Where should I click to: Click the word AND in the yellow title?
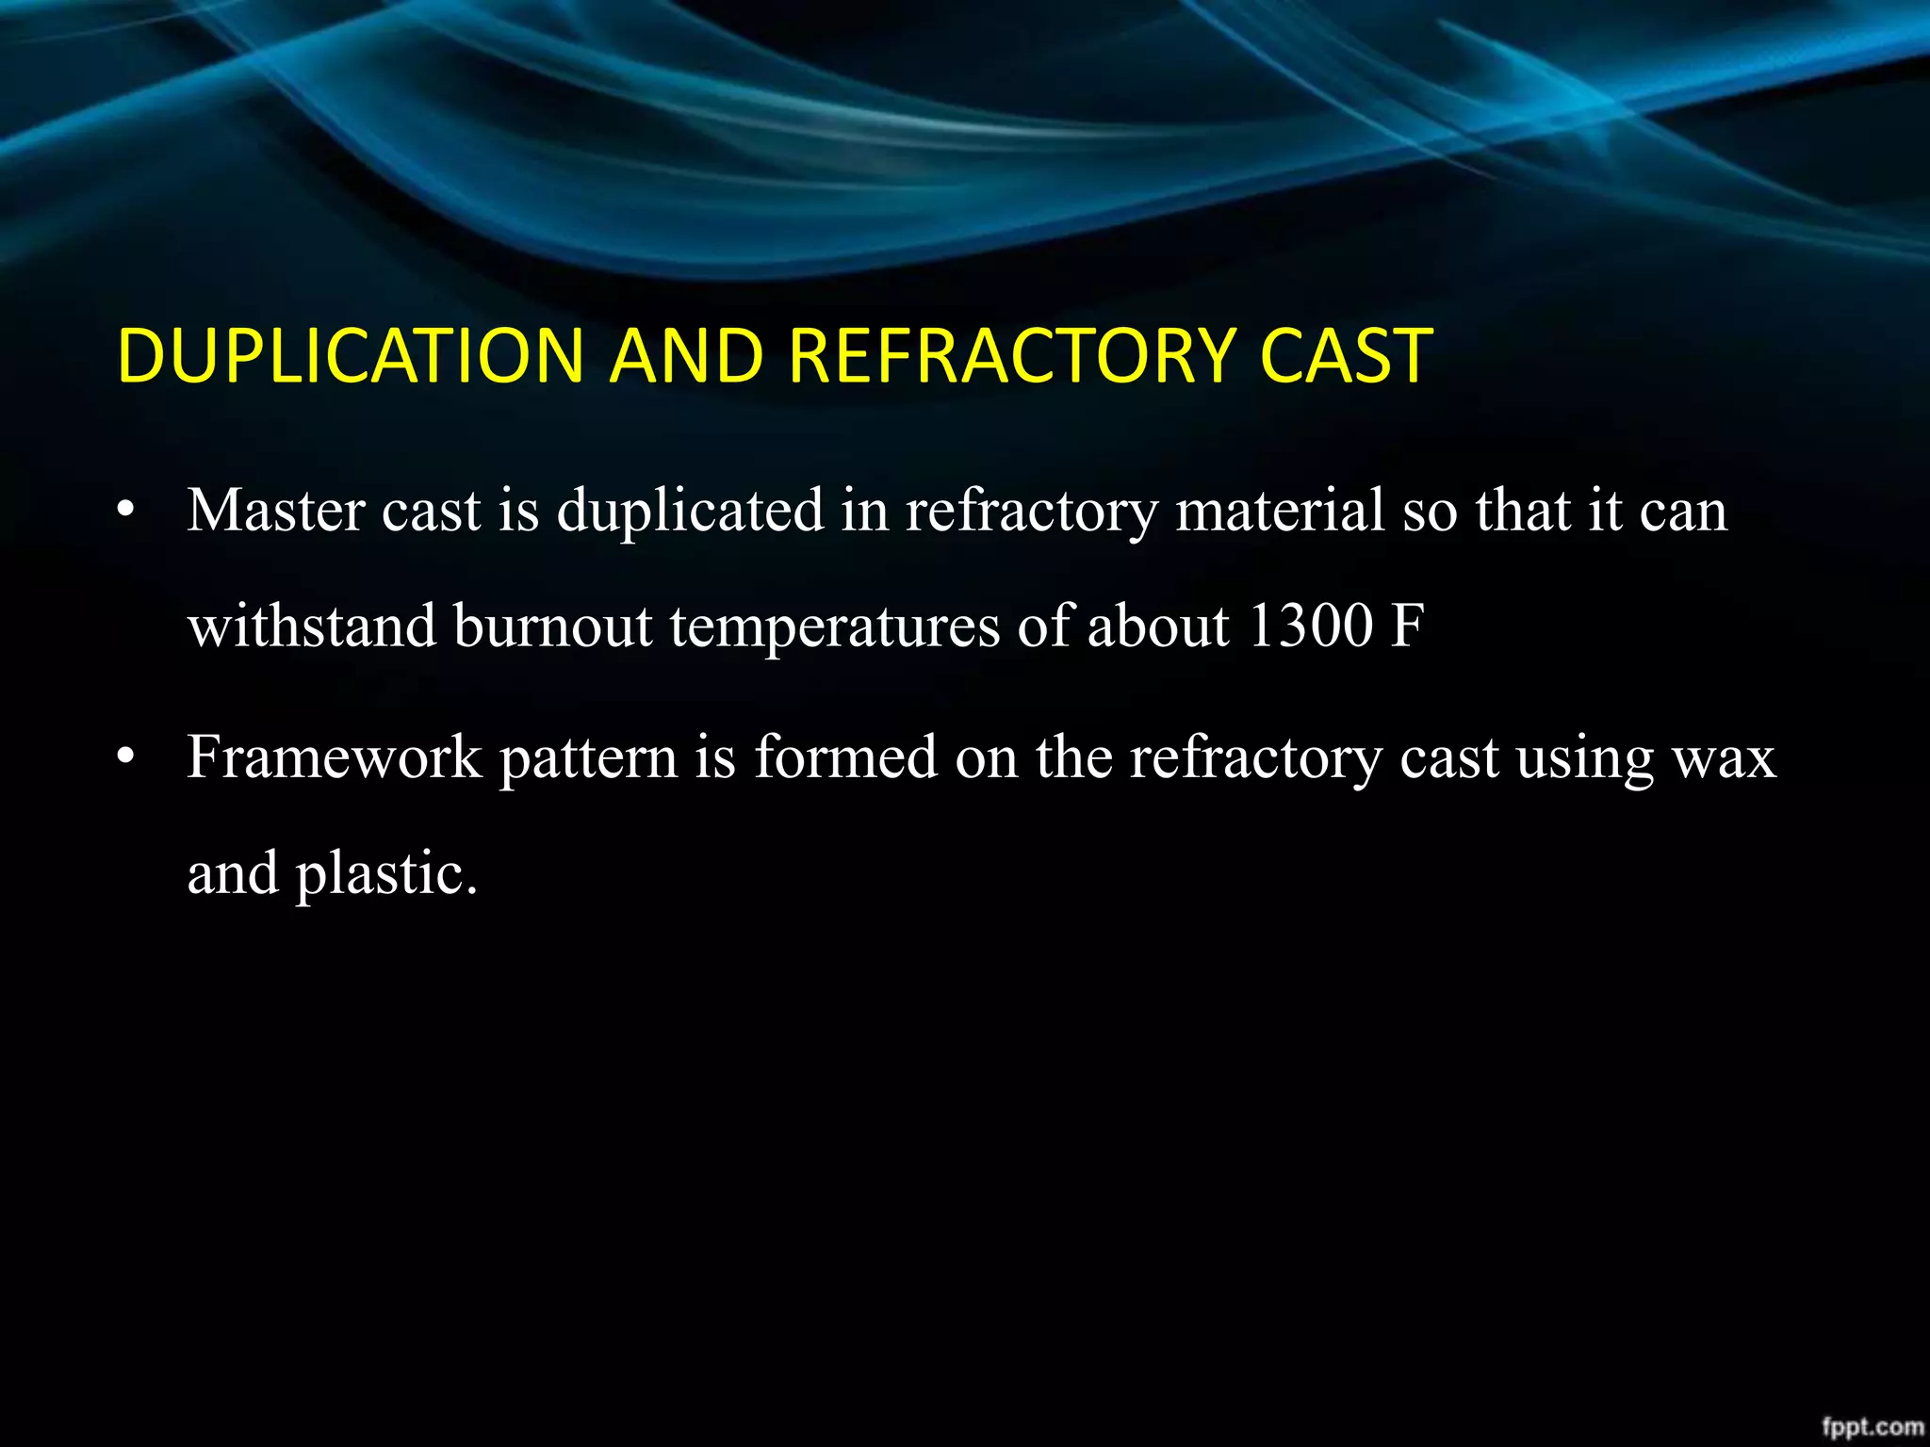(685, 356)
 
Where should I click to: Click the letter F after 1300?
(1407, 626)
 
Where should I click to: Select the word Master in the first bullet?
(276, 511)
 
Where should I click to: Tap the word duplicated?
(690, 511)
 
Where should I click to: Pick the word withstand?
(312, 626)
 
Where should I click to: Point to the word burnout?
(553, 626)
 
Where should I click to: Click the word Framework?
(335, 757)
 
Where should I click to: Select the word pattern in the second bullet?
(588, 759)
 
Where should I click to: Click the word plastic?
(386, 874)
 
